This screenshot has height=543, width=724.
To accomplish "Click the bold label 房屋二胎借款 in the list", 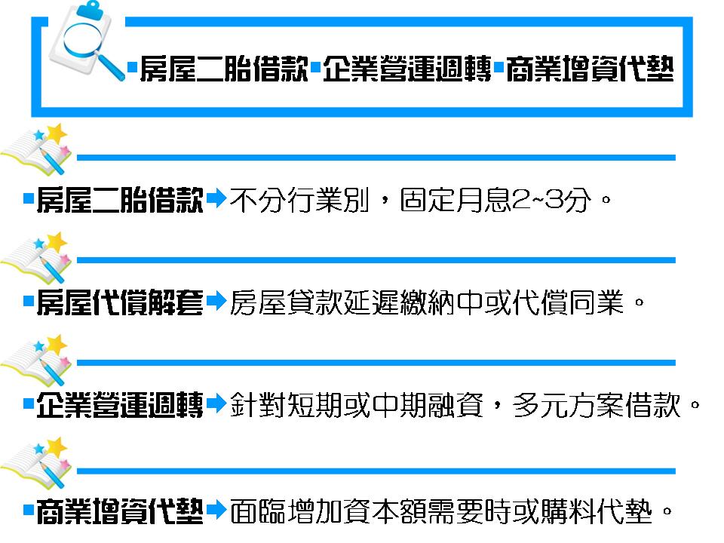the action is pyautogui.click(x=119, y=201).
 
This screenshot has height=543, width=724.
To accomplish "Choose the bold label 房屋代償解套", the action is pyautogui.click(x=119, y=304).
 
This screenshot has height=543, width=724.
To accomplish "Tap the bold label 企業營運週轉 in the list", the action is pyautogui.click(x=119, y=406).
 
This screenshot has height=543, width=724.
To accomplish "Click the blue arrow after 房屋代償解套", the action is pyautogui.click(x=216, y=303).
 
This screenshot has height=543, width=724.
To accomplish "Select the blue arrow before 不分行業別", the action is pyautogui.click(x=216, y=200).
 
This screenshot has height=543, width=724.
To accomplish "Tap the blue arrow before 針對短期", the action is pyautogui.click(x=216, y=406).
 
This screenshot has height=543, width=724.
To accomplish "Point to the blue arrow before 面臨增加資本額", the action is pyautogui.click(x=216, y=509).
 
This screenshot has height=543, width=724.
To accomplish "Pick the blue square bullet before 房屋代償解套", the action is pyautogui.click(x=28, y=304).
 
